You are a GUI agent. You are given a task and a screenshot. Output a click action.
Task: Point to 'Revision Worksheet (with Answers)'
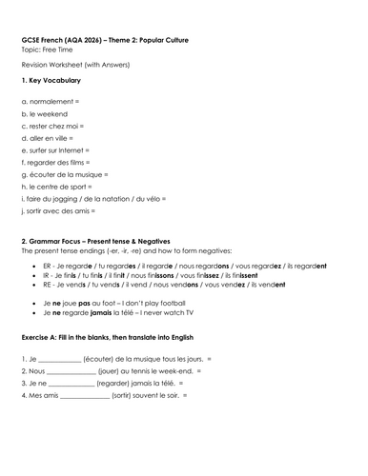[67, 64]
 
